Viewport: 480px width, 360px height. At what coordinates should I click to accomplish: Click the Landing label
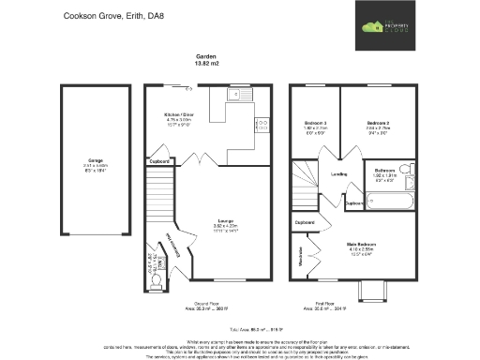pos(339,173)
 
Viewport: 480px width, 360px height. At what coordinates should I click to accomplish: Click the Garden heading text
pos(205,56)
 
